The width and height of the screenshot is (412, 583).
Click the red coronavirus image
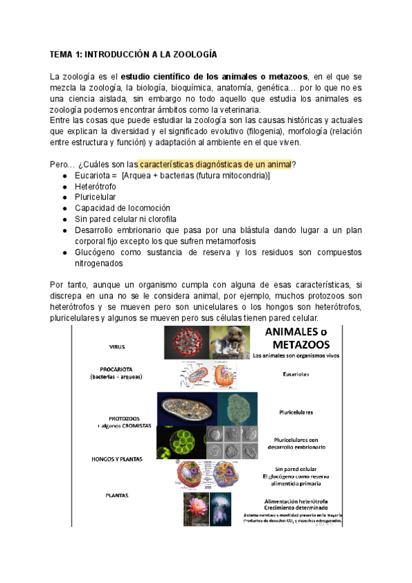186,342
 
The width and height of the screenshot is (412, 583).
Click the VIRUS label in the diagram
117,348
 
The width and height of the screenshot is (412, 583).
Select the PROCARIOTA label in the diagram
116,371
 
